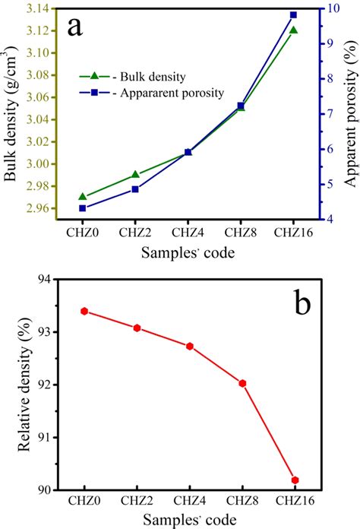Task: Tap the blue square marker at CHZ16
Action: tap(293, 15)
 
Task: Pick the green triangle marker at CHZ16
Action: tap(293, 30)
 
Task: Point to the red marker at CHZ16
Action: tap(295, 480)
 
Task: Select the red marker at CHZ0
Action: tap(84, 311)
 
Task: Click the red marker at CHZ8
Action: tap(242, 383)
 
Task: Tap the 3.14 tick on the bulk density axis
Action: tap(34, 8)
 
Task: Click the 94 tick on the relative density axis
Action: tap(41, 280)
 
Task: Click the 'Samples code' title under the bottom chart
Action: tap(189, 521)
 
